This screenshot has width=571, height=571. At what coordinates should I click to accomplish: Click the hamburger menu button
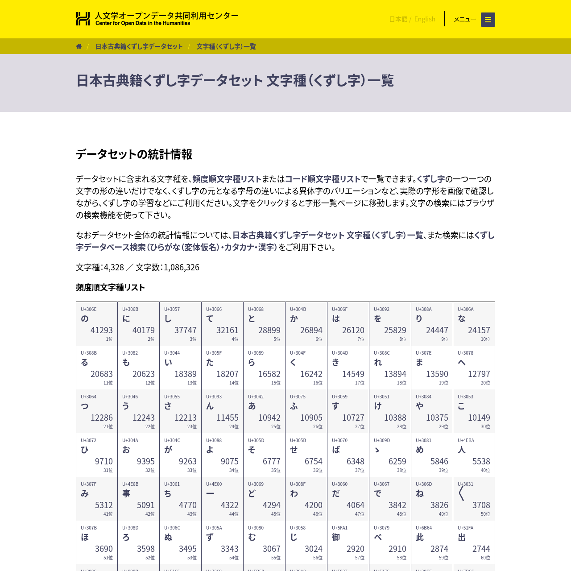coord(488,20)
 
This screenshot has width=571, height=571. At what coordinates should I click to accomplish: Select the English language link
coord(425,19)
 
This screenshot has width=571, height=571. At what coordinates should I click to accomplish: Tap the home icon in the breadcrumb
coord(79,46)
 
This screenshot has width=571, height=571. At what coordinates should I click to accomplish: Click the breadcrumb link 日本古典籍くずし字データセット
coord(139,46)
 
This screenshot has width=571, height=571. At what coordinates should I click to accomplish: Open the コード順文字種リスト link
coord(323,179)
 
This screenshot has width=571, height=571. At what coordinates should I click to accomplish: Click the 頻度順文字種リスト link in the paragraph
coord(227,179)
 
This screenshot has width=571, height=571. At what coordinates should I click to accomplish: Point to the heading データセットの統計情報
coord(134,154)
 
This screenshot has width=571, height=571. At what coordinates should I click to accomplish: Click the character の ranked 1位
coord(85,319)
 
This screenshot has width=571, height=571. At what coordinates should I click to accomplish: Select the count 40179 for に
coord(143,330)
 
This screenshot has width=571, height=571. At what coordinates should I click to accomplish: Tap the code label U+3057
coord(172,309)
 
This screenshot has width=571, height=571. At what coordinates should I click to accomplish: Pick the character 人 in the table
coord(462,450)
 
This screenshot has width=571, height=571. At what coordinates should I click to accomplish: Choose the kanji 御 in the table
coord(336,537)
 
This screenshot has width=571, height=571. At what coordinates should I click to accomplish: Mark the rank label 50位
coord(485,514)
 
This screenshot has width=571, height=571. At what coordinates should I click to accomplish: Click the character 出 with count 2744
coord(462,537)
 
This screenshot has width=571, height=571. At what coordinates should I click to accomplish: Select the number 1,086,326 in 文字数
coord(181,267)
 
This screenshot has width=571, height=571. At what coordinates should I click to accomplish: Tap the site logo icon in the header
coord(83,19)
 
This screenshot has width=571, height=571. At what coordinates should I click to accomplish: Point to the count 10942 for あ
coord(269,418)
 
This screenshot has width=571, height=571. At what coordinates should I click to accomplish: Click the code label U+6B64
coord(424,528)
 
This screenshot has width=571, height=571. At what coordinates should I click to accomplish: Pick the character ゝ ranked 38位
coord(377,450)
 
